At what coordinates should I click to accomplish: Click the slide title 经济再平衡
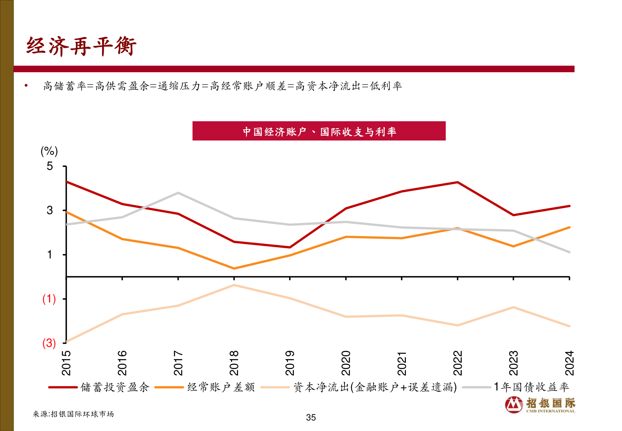tap(81, 46)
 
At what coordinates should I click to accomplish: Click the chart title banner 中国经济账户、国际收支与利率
tap(319, 131)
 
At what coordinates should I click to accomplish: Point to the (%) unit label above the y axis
tap(49, 151)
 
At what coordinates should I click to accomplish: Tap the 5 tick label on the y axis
tap(50, 166)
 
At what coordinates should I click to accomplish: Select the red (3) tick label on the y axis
tap(49, 343)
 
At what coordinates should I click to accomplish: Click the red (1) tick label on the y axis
tap(49, 299)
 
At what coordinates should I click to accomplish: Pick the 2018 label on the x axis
tap(234, 363)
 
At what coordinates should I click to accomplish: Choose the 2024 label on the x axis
tap(569, 363)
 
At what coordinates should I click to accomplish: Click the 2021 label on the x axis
tap(402, 363)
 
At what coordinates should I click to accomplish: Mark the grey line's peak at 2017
tap(178, 193)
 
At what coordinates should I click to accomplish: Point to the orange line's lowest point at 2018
tap(234, 269)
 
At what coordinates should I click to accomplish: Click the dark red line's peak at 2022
tap(457, 182)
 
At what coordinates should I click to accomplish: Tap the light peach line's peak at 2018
tap(234, 285)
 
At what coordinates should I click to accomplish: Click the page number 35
tap(311, 417)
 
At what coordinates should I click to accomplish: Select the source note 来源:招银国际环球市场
tap(73, 414)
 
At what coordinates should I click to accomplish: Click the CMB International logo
tap(540, 405)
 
